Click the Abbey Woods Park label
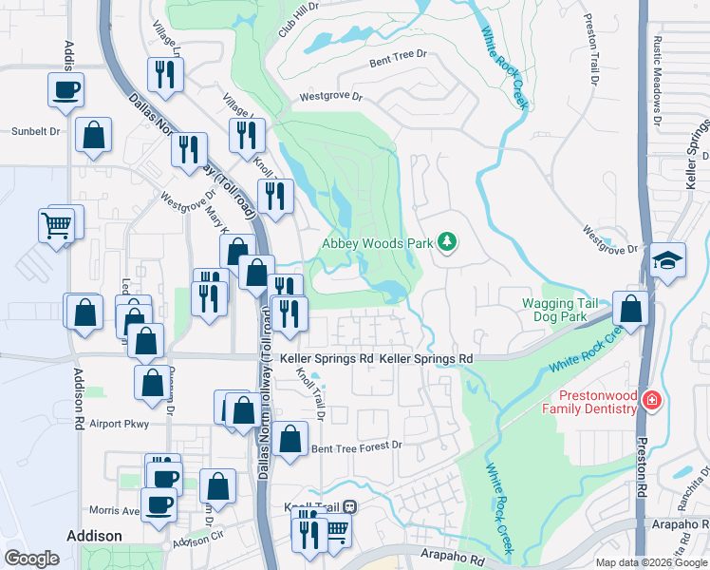(378, 243)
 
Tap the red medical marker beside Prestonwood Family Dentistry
(650, 400)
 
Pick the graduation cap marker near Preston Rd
(667, 261)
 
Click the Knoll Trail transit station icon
(350, 507)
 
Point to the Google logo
(31, 559)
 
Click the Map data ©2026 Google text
(651, 562)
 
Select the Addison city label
(94, 536)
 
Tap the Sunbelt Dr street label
(35, 131)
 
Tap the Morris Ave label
(114, 510)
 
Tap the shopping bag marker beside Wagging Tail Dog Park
(631, 308)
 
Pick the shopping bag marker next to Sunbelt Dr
(94, 135)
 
